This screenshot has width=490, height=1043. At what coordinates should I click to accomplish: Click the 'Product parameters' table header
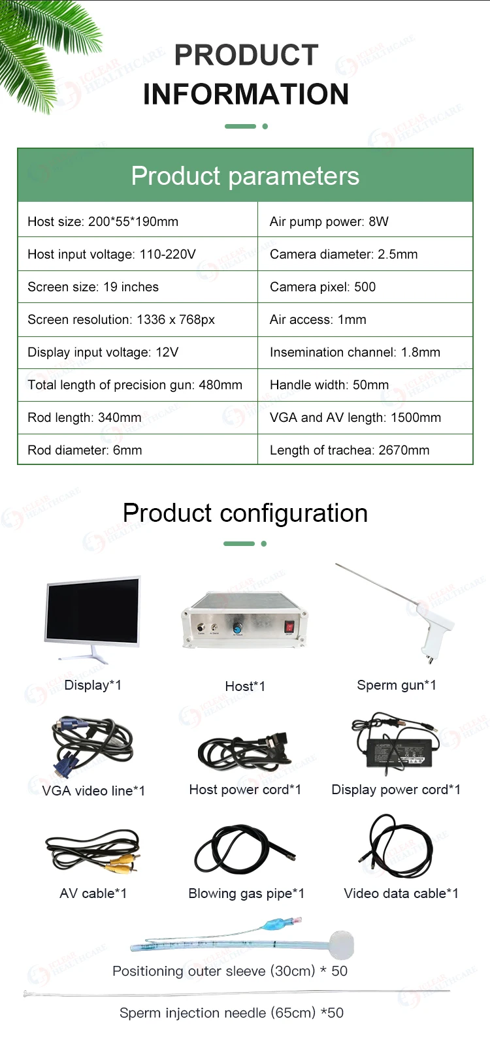[245, 176]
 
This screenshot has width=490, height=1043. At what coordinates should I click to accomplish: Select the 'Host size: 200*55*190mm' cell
[138, 221]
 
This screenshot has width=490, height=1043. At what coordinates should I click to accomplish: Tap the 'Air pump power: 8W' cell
[365, 221]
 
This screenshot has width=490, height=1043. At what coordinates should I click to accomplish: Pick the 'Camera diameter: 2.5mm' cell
[365, 254]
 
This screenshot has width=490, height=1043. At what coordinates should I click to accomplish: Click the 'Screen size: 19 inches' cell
[138, 287]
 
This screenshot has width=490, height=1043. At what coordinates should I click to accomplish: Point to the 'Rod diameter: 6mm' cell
[138, 450]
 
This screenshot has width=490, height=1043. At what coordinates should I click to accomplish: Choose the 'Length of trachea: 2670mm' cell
[365, 450]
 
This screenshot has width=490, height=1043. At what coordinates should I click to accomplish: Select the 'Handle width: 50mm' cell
[365, 385]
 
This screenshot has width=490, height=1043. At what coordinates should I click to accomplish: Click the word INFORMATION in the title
[246, 94]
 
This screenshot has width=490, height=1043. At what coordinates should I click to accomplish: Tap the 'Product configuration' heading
[245, 513]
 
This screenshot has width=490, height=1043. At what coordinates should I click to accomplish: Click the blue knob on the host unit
[237, 628]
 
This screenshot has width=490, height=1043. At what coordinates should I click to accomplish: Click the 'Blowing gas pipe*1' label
[246, 893]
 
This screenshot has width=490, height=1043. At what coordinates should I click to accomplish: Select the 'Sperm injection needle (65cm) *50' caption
[231, 1012]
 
